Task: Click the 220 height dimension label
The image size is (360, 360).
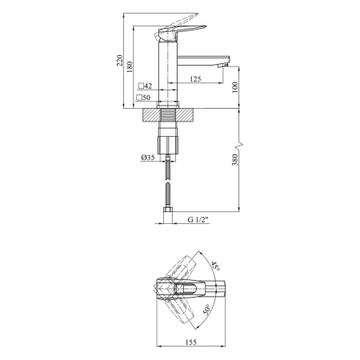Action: [x=120, y=61]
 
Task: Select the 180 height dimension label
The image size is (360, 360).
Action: [x=130, y=67]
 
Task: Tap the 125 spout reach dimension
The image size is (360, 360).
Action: [x=195, y=79]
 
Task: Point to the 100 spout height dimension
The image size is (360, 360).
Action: [x=234, y=87]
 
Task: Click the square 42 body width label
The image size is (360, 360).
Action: [x=146, y=86]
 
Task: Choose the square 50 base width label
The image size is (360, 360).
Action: [x=143, y=98]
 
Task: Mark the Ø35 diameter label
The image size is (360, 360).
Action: [x=148, y=158]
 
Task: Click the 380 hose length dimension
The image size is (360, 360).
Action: [x=235, y=159]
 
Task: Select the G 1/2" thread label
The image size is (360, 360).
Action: [x=198, y=219]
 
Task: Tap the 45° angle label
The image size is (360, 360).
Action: [x=215, y=266]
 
